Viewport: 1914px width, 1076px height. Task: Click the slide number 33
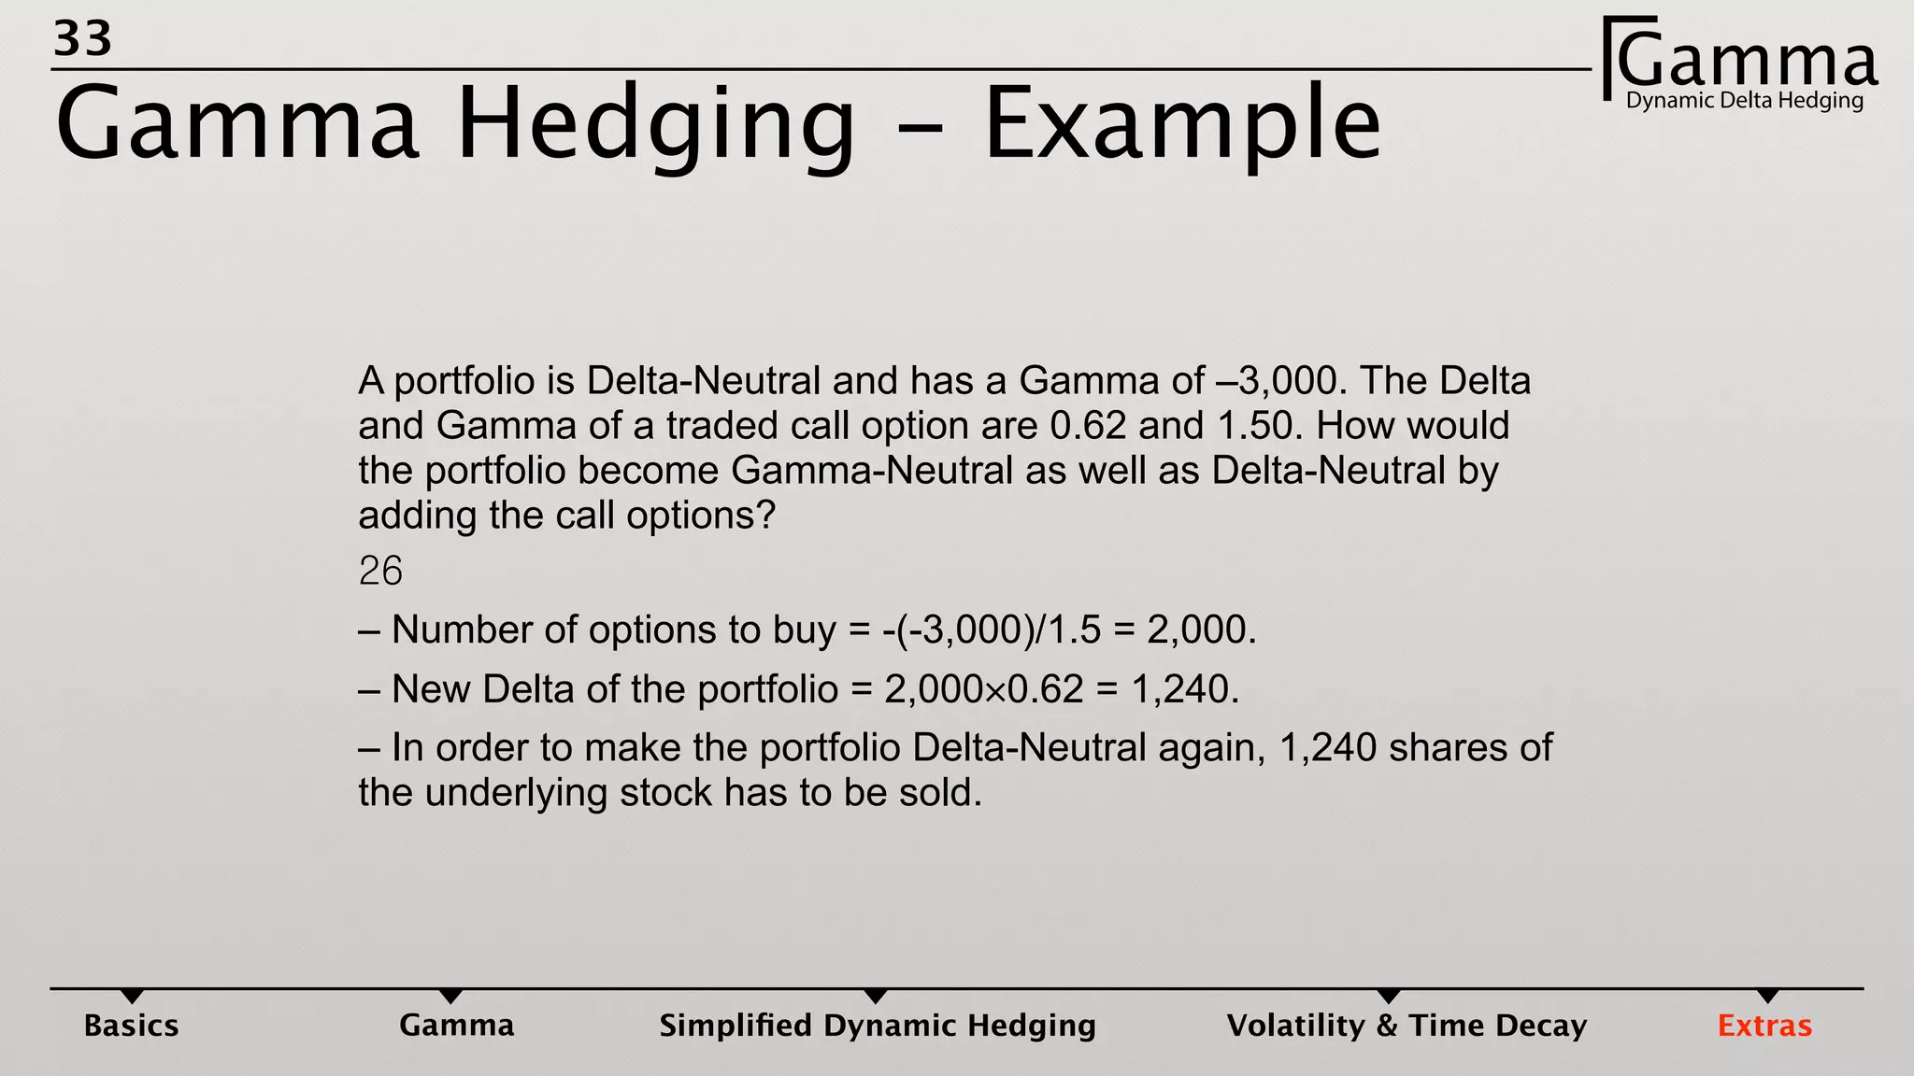click(82, 39)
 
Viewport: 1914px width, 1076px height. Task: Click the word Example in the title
click(1182, 125)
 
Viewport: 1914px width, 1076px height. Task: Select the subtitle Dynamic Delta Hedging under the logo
click(1744, 101)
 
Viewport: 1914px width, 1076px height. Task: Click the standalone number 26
click(380, 571)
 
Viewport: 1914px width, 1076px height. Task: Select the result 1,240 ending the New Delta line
click(1184, 689)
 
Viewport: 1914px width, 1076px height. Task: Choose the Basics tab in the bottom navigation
click(131, 1026)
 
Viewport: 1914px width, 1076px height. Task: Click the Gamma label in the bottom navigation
click(456, 1026)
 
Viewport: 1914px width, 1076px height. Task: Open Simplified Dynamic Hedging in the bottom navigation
click(877, 1026)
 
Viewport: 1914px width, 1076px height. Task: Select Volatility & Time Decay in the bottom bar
click(1407, 1026)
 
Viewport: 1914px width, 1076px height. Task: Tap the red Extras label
click(1764, 1026)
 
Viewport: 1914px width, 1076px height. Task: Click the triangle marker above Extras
click(1767, 996)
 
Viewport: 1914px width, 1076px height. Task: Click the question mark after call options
click(767, 516)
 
